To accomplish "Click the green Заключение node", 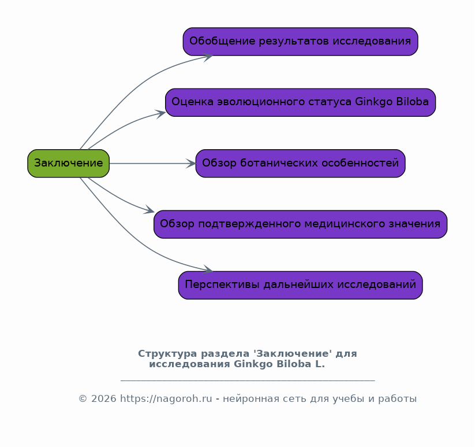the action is [69, 163].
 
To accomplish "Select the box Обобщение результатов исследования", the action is [301, 42].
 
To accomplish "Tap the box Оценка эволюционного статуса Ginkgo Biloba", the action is [301, 102].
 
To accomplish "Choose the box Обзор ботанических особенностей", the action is [301, 163].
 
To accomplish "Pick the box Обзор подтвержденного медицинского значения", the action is [301, 224].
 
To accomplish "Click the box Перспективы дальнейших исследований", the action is [301, 285].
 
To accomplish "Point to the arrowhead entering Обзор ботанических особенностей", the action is [192, 164].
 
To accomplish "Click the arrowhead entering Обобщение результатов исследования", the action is [208, 57].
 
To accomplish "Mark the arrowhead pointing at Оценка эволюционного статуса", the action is [160, 114].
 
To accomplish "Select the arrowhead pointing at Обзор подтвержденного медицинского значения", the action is [149, 210].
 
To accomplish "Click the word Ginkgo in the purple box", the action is [374, 102].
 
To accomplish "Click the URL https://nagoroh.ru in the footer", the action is [166, 399].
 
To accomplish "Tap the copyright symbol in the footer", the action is [83, 399].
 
